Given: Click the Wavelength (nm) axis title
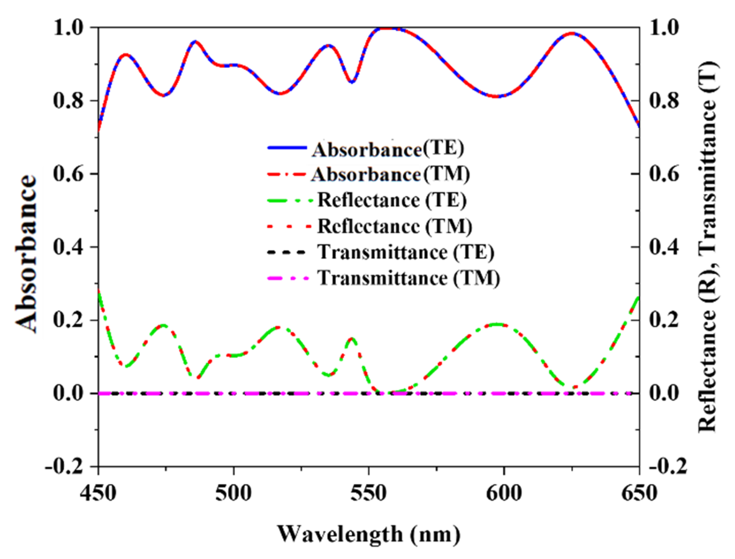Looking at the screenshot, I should [368, 535].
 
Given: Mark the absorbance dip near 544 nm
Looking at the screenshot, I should [352, 82].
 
